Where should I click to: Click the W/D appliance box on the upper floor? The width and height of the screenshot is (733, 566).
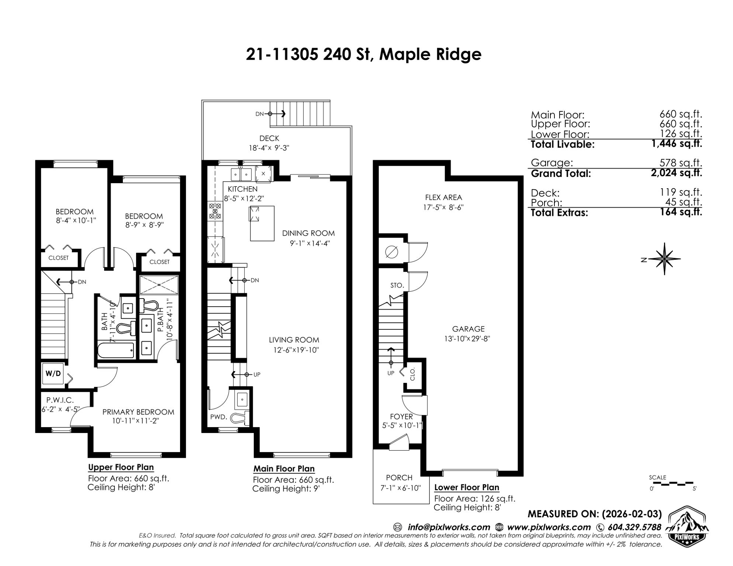tap(53, 373)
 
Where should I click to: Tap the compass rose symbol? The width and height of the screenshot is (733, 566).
tap(664, 259)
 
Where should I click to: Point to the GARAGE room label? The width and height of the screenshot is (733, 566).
tap(469, 329)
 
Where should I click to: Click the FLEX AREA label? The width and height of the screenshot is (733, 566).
tap(443, 198)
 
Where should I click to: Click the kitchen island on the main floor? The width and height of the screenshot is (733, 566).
tap(262, 223)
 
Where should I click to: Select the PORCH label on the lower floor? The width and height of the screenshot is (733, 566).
tap(399, 478)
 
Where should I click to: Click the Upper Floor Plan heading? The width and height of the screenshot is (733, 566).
tap(121, 467)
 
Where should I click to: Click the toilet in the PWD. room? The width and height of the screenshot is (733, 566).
tap(240, 418)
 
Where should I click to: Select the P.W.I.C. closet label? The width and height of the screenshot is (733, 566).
tap(60, 400)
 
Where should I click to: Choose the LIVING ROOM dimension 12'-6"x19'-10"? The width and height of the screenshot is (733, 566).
tap(294, 350)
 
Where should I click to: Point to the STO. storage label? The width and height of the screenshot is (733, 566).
tap(397, 285)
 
